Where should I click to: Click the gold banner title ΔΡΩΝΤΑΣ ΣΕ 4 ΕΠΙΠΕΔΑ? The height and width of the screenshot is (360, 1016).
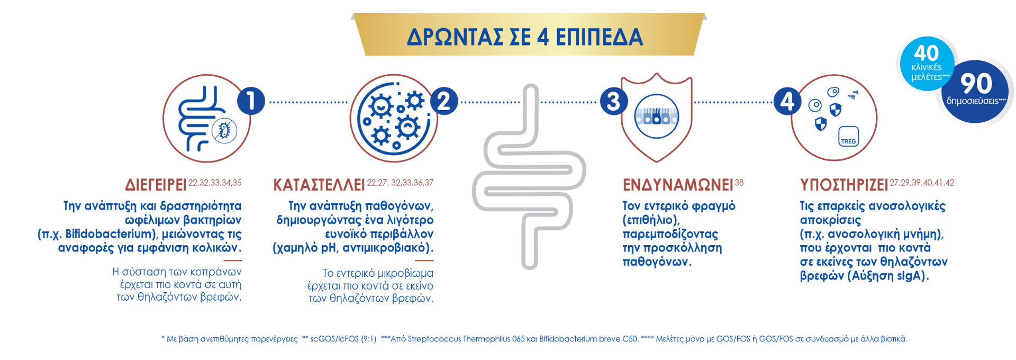tap(525, 37)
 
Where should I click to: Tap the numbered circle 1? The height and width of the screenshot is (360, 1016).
tap(251, 101)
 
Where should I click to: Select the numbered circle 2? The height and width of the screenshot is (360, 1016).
tap(444, 101)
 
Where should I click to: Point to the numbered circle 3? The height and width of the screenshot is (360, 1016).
tap(613, 101)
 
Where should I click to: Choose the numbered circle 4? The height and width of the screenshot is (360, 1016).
tap(787, 101)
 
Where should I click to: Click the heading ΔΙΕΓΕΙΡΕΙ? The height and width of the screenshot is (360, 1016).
tap(156, 185)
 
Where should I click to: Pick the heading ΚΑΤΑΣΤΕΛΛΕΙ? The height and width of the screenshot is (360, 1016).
tap(319, 185)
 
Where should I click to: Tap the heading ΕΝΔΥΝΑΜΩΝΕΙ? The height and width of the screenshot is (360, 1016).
tap(678, 185)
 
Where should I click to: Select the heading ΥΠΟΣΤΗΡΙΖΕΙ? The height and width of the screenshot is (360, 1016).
tap(844, 185)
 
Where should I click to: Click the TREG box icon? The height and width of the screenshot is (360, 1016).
tap(848, 137)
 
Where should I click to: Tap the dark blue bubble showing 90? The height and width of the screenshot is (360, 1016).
tap(976, 90)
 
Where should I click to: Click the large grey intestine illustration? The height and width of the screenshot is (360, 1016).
tap(529, 177)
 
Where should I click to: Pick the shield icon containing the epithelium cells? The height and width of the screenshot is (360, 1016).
tap(656, 118)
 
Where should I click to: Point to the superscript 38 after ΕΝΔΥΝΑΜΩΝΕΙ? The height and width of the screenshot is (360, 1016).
tap(739, 183)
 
